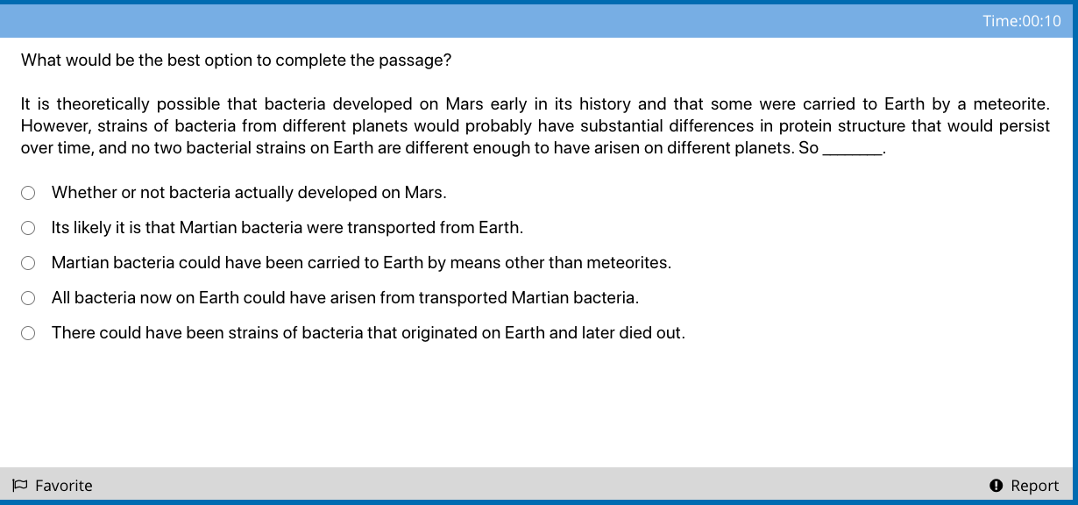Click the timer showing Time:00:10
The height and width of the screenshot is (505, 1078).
click(1021, 21)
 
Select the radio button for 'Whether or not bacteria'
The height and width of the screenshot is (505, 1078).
click(28, 193)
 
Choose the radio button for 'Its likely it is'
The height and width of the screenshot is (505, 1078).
click(28, 228)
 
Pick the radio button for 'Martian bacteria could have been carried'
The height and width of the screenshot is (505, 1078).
click(28, 263)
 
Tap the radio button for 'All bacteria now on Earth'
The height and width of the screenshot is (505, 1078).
click(28, 298)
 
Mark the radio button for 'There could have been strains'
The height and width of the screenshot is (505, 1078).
click(28, 333)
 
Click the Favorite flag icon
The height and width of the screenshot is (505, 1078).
click(20, 485)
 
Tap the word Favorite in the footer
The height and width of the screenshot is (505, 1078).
click(63, 486)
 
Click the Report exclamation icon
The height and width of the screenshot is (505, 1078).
click(996, 485)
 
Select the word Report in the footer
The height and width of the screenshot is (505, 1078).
click(1035, 486)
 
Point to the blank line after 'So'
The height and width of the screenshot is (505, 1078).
click(852, 154)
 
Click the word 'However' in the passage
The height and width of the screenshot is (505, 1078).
click(55, 126)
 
